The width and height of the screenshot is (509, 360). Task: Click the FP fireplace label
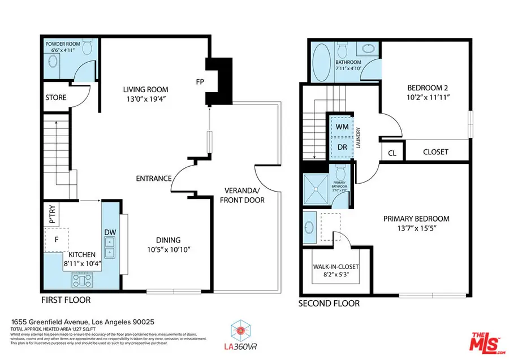[x=200, y=80]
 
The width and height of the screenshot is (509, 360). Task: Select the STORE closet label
[x=55, y=98]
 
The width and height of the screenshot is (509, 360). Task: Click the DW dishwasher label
[x=110, y=232]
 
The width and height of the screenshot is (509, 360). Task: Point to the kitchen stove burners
[x=82, y=279]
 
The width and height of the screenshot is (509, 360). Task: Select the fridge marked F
[x=56, y=238]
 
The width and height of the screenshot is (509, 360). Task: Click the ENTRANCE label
[x=153, y=179]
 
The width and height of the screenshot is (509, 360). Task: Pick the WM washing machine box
[x=342, y=127]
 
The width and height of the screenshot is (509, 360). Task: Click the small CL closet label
[x=391, y=153]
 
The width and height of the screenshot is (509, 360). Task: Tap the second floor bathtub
[x=320, y=62]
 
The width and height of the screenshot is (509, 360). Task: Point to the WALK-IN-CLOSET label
[x=336, y=267]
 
